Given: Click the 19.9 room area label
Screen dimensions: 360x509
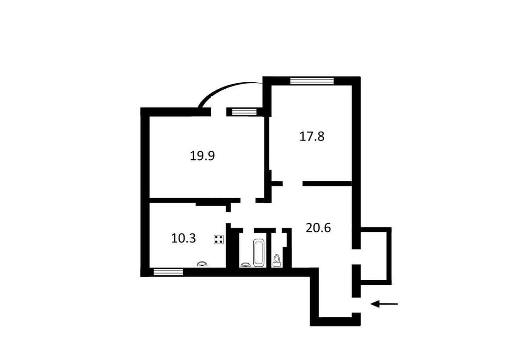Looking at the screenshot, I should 202,156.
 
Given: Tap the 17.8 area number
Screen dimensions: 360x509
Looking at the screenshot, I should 312,137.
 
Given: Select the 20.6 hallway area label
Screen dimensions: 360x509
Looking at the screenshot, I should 318,228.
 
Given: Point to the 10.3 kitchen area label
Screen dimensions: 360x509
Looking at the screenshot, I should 183,238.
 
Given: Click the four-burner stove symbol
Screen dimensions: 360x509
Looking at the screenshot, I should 218,239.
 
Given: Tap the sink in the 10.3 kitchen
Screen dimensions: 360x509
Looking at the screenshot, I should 202,264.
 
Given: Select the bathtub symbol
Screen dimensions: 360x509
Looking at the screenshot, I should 259,253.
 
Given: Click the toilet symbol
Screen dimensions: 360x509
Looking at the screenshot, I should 277,259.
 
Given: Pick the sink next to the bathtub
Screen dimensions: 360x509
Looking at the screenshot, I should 245,264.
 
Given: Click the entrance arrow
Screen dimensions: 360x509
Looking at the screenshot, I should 384,304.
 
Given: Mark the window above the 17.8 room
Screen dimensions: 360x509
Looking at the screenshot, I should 312,81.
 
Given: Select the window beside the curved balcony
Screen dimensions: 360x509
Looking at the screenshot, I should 242,112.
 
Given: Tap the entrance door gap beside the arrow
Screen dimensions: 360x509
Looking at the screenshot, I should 356,305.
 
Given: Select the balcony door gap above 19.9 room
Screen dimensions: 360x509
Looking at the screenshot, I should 218,112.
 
